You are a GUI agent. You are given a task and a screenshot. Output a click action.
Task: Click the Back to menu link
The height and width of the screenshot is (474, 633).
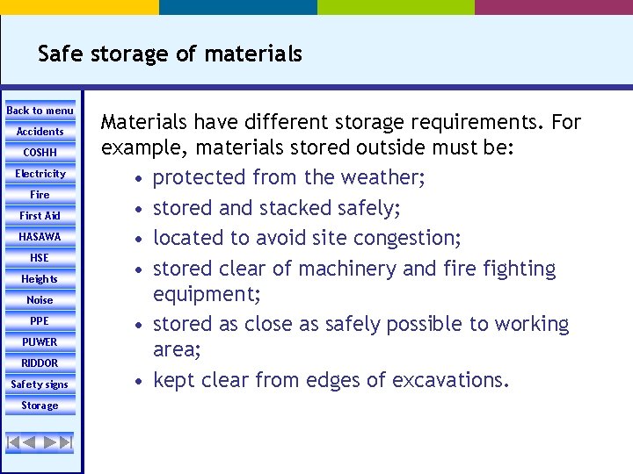40,111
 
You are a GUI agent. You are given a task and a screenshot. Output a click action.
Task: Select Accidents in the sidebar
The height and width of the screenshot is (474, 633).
40,132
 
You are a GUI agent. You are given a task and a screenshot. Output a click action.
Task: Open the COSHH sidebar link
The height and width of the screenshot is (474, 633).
40,153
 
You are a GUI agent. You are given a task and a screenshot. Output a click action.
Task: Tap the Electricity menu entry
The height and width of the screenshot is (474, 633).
40,174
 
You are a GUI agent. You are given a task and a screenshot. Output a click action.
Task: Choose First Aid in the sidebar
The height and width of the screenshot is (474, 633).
40,216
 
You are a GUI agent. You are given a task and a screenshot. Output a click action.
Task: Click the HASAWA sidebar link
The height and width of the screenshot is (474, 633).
40,237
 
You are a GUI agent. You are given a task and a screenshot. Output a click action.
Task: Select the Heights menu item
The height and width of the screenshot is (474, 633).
40,279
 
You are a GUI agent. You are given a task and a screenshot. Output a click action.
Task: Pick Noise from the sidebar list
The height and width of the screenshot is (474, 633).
40,300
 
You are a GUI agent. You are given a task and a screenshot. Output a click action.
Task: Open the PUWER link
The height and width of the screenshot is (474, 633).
40,342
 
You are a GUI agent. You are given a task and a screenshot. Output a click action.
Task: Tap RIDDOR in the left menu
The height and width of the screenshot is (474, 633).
40,363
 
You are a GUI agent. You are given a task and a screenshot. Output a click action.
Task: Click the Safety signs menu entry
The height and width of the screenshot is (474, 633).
40,384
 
